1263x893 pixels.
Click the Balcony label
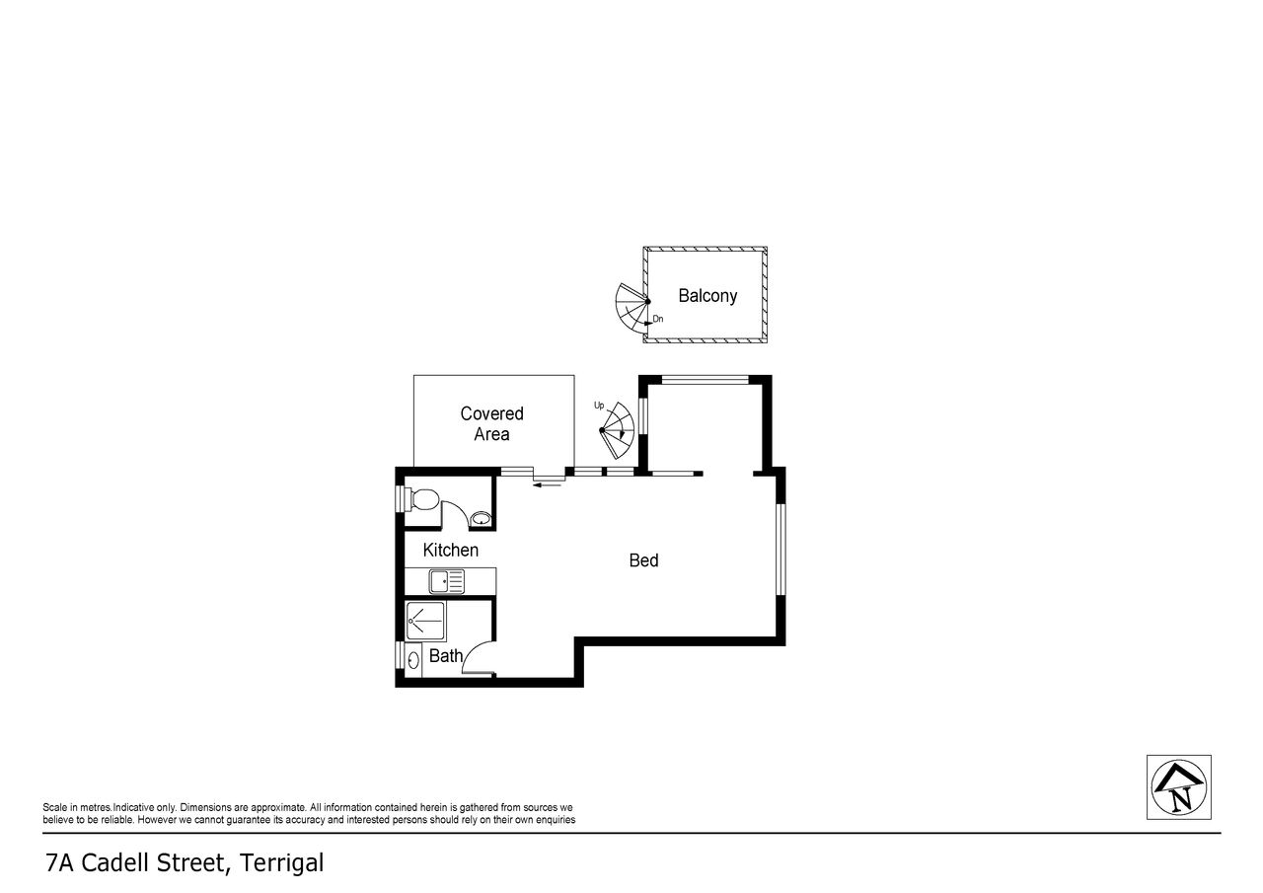click(707, 296)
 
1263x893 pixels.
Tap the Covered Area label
click(491, 424)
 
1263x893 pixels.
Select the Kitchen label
click(451, 551)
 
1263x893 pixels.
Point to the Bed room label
click(643, 560)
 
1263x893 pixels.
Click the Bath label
click(445, 655)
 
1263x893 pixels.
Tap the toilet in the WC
click(420, 499)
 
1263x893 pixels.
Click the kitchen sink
click(447, 581)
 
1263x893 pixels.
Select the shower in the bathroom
click(425, 622)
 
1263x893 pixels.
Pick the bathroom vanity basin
click(413, 660)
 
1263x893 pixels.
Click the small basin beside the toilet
click(481, 519)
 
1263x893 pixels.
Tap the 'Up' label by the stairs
click(599, 406)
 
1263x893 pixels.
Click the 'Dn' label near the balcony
click(658, 319)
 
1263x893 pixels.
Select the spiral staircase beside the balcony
click(632, 312)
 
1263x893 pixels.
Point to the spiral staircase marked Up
click(618, 430)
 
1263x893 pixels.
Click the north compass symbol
click(1178, 787)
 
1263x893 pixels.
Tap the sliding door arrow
click(547, 484)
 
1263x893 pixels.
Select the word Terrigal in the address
click(282, 863)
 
